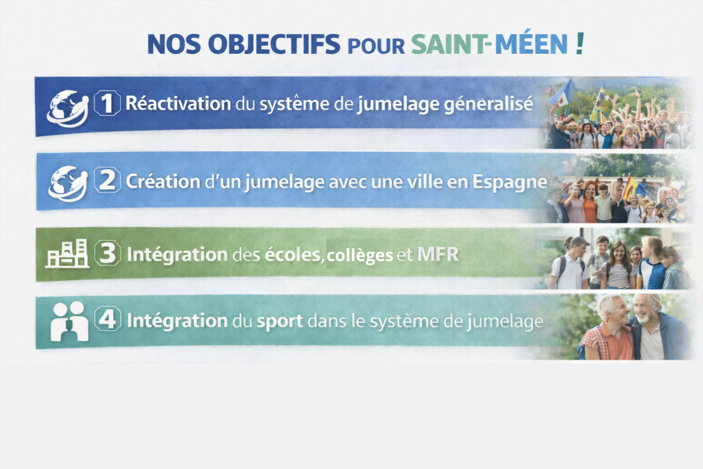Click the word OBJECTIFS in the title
[274, 44]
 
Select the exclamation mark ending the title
[580, 44]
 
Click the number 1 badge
[107, 103]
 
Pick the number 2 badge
[108, 180]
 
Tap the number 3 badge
[108, 253]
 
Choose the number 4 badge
[108, 319]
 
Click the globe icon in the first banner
[67, 109]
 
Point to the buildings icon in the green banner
[67, 253]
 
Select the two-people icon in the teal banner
[70, 322]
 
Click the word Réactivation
[178, 103]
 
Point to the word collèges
[360, 255]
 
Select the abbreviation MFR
[438, 255]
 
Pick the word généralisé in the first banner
[488, 104]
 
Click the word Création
[163, 181]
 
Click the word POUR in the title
[376, 47]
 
